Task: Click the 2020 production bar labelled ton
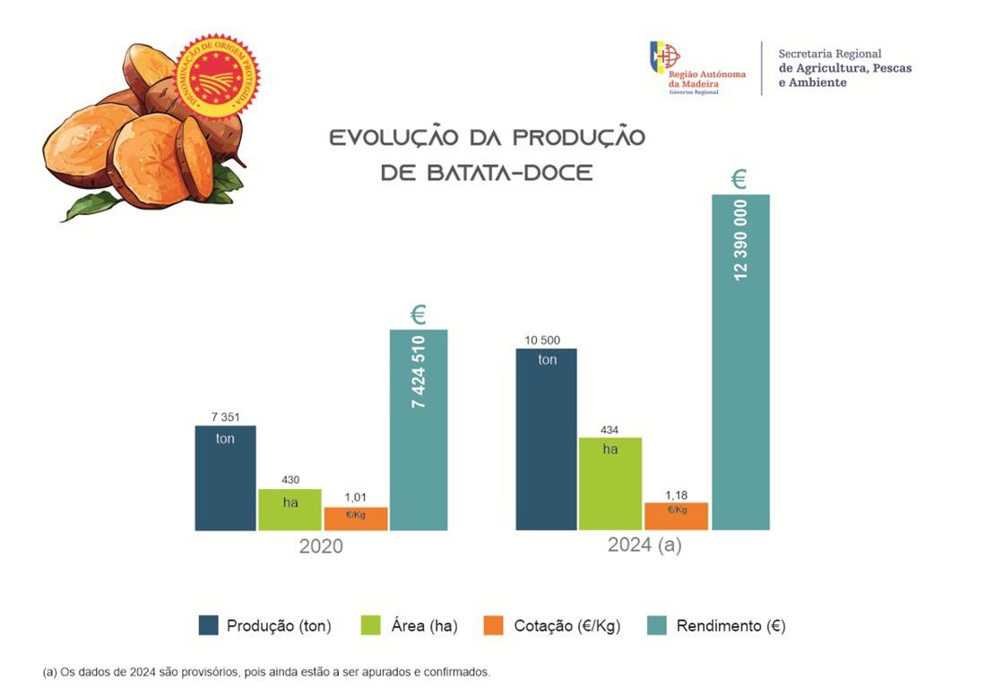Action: pos(225,478)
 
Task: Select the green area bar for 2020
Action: pos(290,510)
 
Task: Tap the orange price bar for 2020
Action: pos(356,519)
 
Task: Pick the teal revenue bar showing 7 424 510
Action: pos(418,430)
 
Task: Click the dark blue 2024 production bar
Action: pos(547,439)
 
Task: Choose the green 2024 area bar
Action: pos(610,484)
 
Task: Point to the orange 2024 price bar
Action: pos(677,516)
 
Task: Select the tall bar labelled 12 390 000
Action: pos(740,362)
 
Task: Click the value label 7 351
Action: pos(225,417)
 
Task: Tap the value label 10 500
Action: pos(543,339)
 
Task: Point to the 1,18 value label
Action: pos(676,494)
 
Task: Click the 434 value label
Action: pos(610,430)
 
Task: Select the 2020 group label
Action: pos(321,546)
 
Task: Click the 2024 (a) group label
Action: pos(644,545)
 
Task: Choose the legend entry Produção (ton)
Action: pos(265,626)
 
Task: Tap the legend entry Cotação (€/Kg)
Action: pos(551,626)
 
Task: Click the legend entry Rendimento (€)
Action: pos(716,626)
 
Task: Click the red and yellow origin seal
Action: pos(217,73)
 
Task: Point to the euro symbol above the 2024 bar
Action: pos(739,180)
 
